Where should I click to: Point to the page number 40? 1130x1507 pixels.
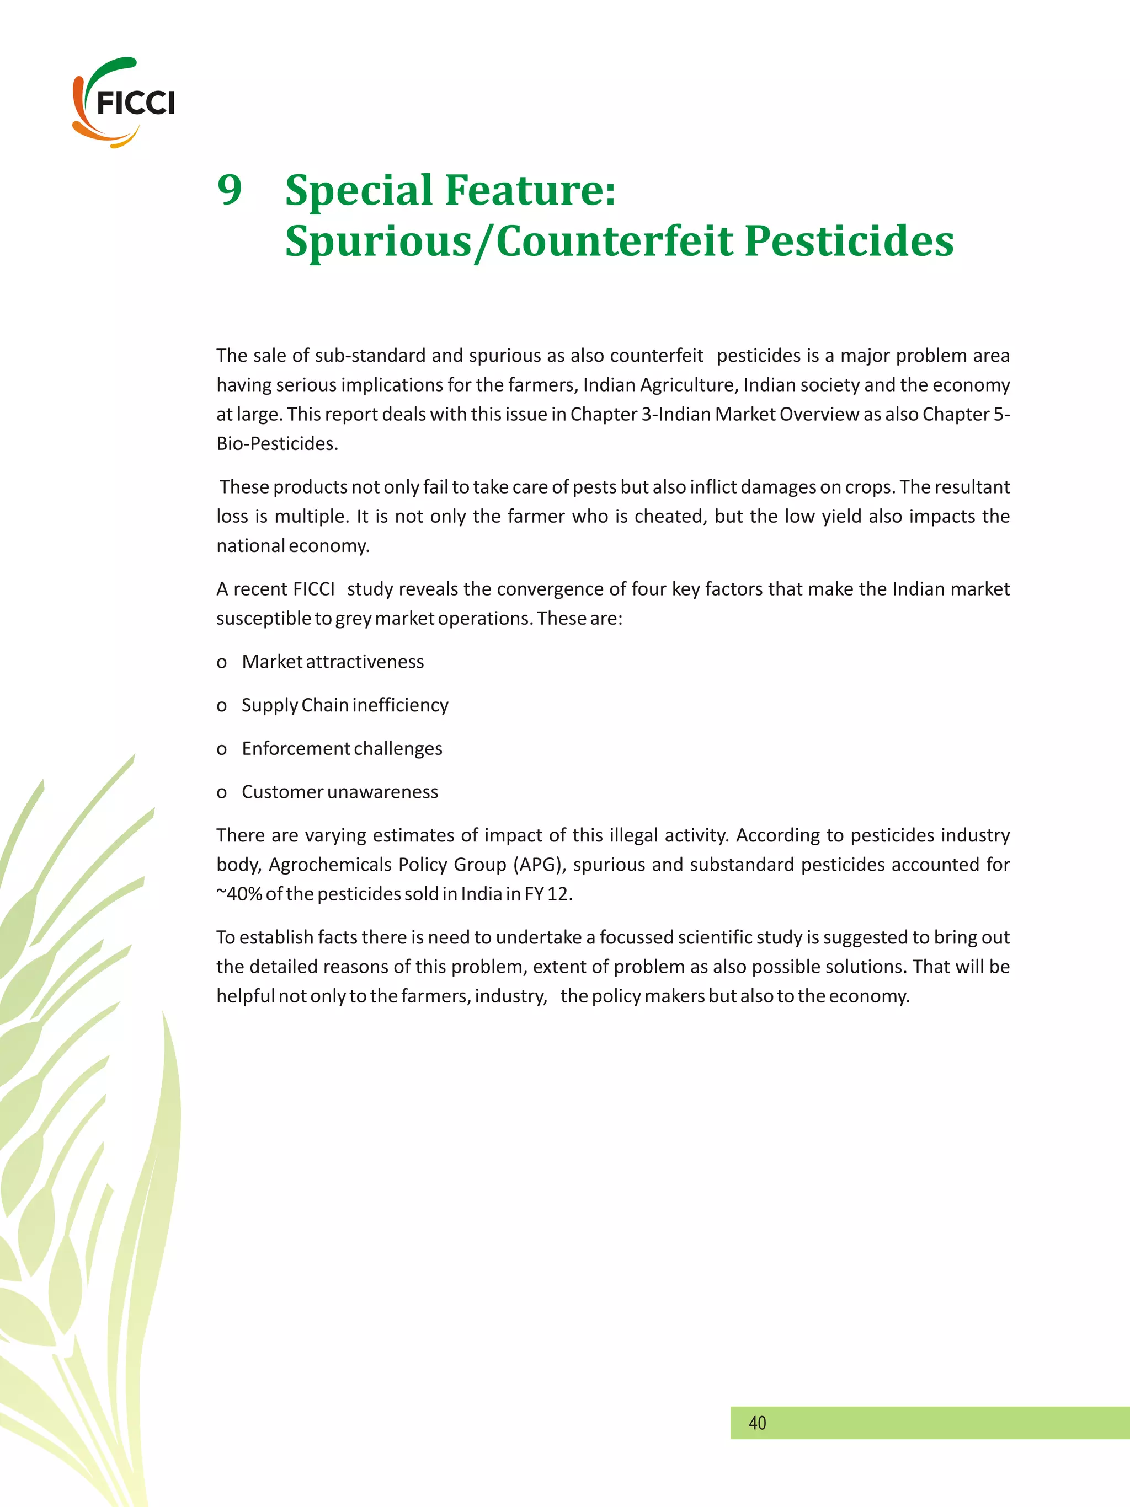(757, 1423)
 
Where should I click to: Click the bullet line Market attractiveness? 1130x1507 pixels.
(333, 662)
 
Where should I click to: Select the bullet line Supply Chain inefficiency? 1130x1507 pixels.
(345, 705)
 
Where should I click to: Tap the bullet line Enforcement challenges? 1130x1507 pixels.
(342, 748)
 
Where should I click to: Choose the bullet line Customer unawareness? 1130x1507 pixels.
(339, 792)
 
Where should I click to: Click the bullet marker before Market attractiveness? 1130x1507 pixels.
(221, 663)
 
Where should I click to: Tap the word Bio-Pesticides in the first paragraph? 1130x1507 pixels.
(277, 443)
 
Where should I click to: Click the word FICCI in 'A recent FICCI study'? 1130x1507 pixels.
(313, 589)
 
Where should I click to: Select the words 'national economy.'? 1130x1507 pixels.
(293, 546)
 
